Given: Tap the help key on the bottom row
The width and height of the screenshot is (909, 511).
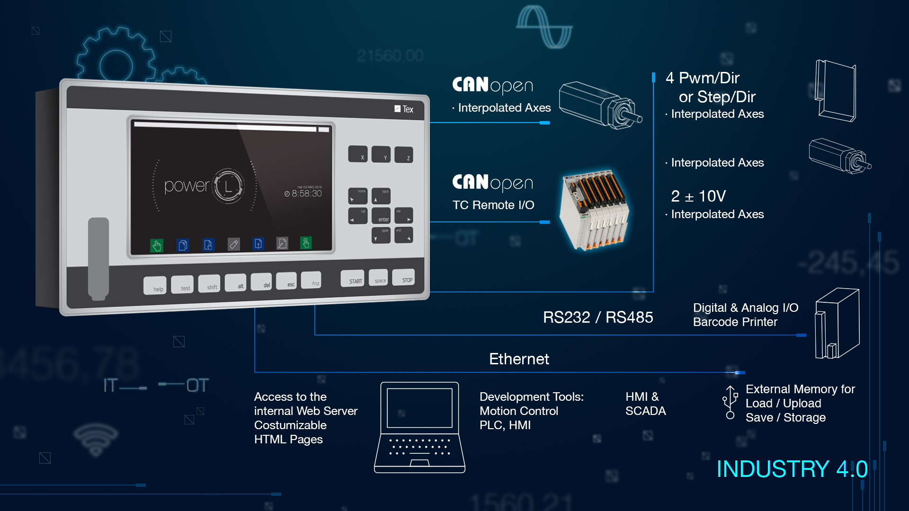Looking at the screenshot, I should [x=155, y=286].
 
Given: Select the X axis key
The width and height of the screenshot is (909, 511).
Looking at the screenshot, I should [x=358, y=154].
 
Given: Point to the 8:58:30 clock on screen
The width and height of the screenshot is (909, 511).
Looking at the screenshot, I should [x=303, y=194].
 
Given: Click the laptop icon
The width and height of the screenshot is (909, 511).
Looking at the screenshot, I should [x=419, y=427].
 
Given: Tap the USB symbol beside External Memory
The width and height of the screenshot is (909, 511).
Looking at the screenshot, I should [x=730, y=402].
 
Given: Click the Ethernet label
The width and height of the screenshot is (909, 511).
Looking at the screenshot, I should [x=519, y=359].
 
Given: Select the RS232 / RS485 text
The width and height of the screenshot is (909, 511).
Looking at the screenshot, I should [x=597, y=317].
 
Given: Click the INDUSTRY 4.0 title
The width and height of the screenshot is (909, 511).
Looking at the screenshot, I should [x=792, y=469].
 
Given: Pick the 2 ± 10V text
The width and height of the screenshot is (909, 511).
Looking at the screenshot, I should [x=698, y=196].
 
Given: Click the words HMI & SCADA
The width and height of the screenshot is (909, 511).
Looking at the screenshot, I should [x=645, y=404].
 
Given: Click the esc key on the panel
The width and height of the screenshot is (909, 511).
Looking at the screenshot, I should [x=287, y=282].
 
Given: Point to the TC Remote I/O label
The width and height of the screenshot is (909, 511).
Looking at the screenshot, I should [x=493, y=205].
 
